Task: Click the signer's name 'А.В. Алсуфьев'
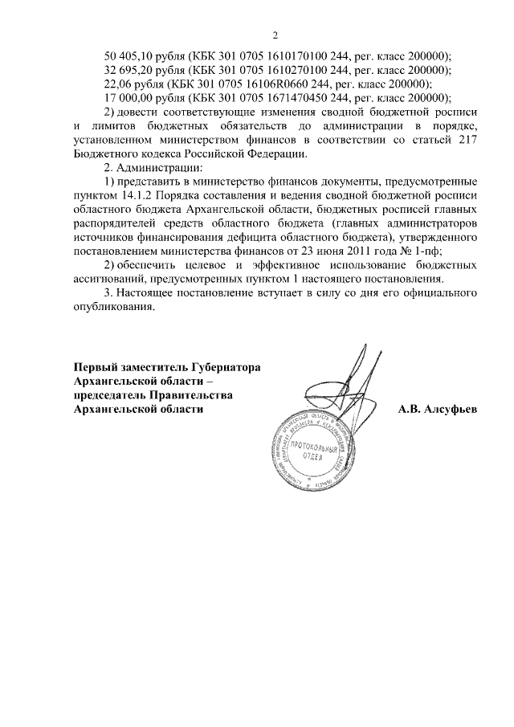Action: [x=437, y=409]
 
